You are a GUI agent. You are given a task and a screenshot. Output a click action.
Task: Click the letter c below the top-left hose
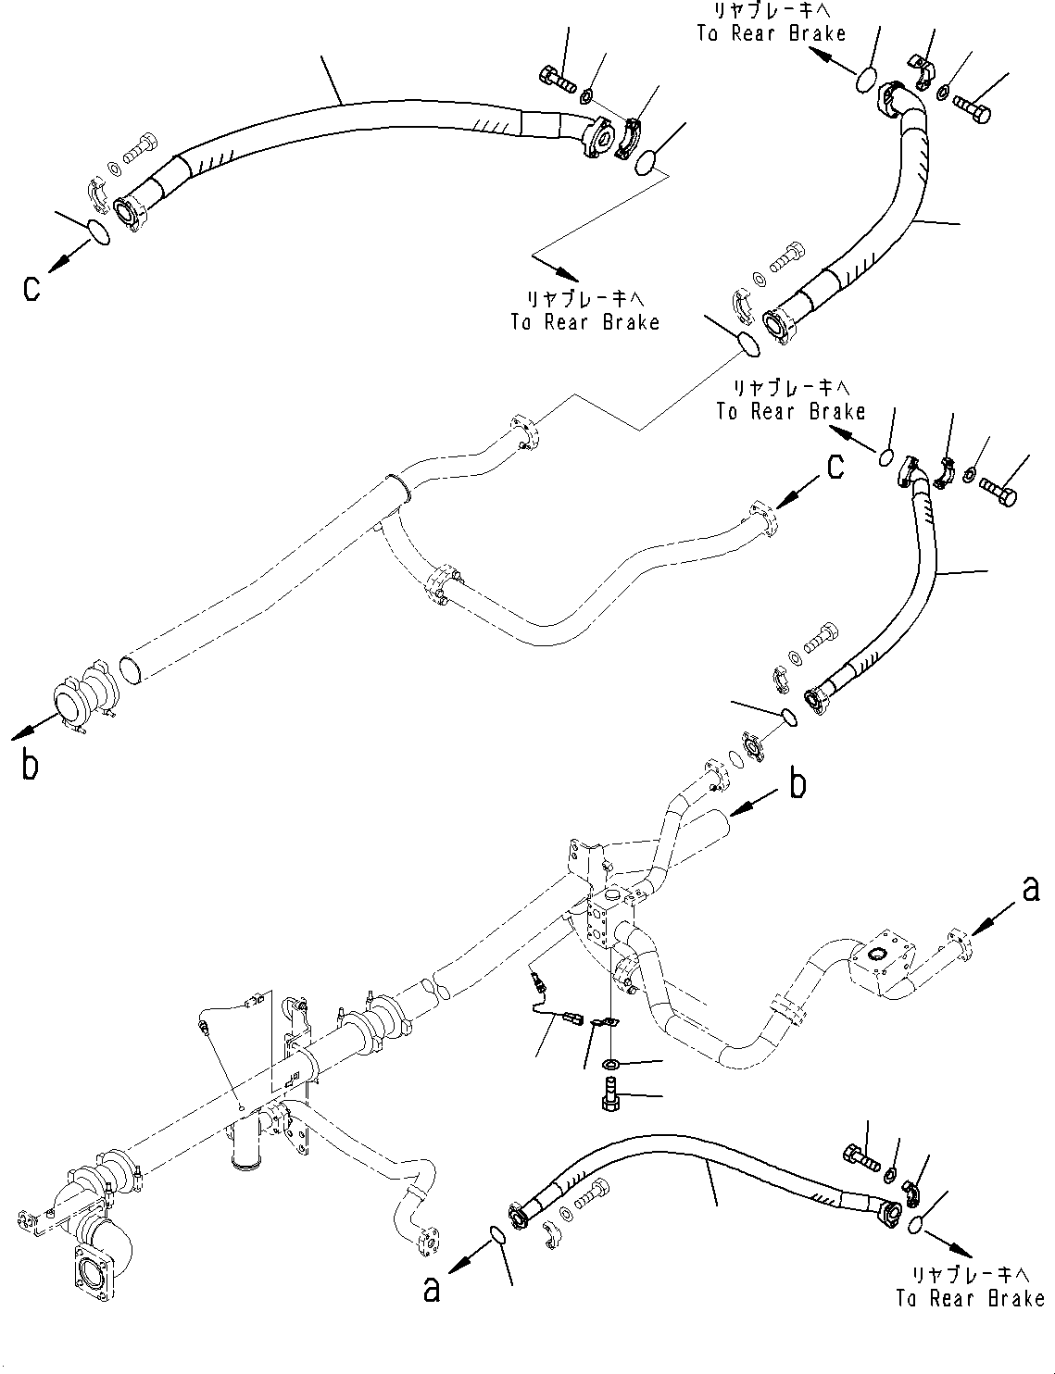32,289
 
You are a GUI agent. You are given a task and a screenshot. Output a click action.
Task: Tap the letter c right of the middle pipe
835,468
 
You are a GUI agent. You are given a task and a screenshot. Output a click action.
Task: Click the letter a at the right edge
1030,890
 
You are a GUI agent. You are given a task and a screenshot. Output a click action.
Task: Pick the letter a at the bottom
432,1289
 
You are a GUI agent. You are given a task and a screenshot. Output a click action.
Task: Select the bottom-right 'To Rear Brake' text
970,1287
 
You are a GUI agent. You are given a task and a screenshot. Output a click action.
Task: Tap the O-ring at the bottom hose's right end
917,1225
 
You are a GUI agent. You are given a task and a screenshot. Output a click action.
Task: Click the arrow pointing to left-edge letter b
31,730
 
